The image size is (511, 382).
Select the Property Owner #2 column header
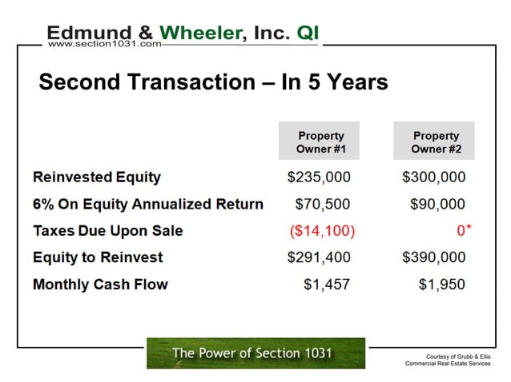(436, 141)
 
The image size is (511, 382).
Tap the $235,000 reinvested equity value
(319, 177)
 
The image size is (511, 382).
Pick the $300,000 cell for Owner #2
(433, 177)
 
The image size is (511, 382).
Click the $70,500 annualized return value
(323, 204)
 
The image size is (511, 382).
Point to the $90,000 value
(437, 204)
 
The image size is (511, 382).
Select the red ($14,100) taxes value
(322, 231)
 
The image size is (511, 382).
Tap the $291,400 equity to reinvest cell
(319, 257)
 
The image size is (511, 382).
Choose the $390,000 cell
(433, 257)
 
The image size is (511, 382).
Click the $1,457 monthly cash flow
(327, 285)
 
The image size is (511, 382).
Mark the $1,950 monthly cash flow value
(441, 285)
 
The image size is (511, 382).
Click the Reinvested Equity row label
(97, 177)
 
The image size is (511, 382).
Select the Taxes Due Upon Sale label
(108, 231)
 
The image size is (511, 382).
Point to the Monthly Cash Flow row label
(100, 285)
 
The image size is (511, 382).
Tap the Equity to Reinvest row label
(98, 257)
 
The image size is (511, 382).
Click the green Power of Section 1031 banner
(255, 353)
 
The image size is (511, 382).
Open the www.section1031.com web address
(104, 44)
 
